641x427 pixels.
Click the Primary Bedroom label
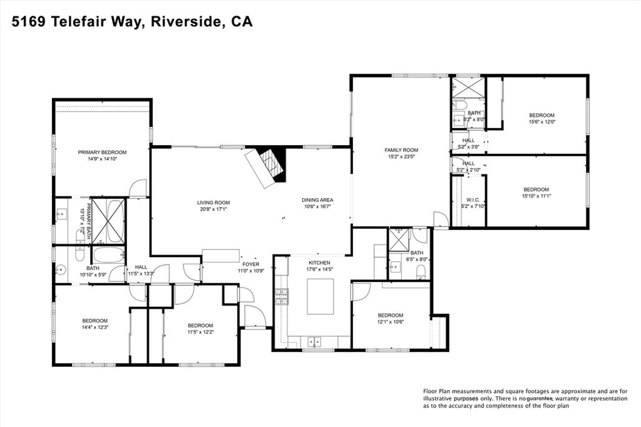(x=102, y=152)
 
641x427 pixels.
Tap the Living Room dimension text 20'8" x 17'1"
(x=213, y=209)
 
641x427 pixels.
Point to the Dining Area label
(x=317, y=199)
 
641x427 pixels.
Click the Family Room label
(x=401, y=150)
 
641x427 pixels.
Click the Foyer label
(x=250, y=264)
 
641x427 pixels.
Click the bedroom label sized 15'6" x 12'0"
(x=541, y=115)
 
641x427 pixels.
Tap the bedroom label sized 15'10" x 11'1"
(x=536, y=189)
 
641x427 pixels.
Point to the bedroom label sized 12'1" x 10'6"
(x=390, y=315)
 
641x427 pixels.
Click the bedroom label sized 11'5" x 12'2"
(x=200, y=325)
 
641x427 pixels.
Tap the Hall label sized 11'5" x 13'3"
(x=141, y=267)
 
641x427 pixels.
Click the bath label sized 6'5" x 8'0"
(x=417, y=253)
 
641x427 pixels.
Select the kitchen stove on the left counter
(x=281, y=296)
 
